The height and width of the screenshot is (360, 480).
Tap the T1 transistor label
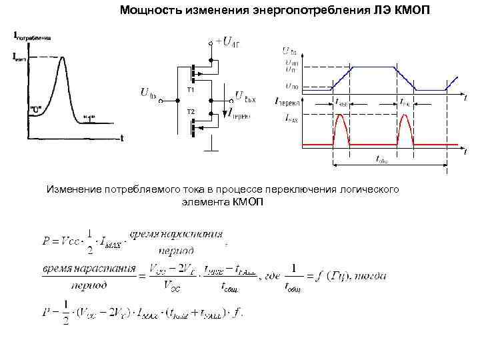click(x=190, y=89)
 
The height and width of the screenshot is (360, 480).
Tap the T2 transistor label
click(x=190, y=111)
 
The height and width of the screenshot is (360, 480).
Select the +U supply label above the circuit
click(x=227, y=43)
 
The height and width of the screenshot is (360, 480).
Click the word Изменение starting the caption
click(x=72, y=190)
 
